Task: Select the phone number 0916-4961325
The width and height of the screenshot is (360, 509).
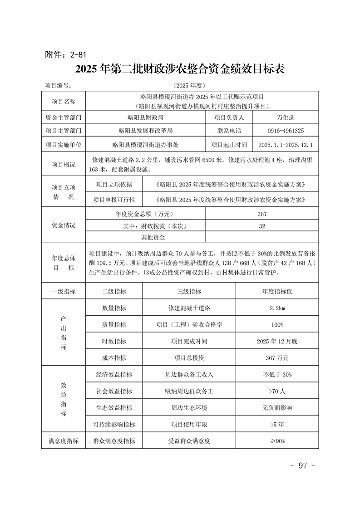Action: (286, 131)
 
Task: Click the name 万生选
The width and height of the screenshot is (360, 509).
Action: (286, 117)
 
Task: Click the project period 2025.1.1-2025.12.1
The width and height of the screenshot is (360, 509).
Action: (286, 145)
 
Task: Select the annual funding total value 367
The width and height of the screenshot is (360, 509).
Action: (262, 214)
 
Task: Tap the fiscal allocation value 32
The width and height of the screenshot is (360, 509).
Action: (262, 225)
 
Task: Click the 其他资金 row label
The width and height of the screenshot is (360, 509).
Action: (153, 237)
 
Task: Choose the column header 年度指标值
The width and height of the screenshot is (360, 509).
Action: (277, 291)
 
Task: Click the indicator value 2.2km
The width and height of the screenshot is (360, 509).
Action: (277, 308)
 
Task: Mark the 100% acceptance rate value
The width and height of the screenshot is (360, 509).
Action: (277, 325)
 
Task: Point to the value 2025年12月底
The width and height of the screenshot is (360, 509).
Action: (277, 341)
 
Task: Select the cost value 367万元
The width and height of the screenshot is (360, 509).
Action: (277, 357)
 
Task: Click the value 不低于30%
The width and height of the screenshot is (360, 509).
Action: (277, 375)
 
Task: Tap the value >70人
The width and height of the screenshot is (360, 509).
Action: (277, 391)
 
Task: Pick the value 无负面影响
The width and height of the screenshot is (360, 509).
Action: (277, 407)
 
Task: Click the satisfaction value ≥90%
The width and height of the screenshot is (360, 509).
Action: (277, 440)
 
